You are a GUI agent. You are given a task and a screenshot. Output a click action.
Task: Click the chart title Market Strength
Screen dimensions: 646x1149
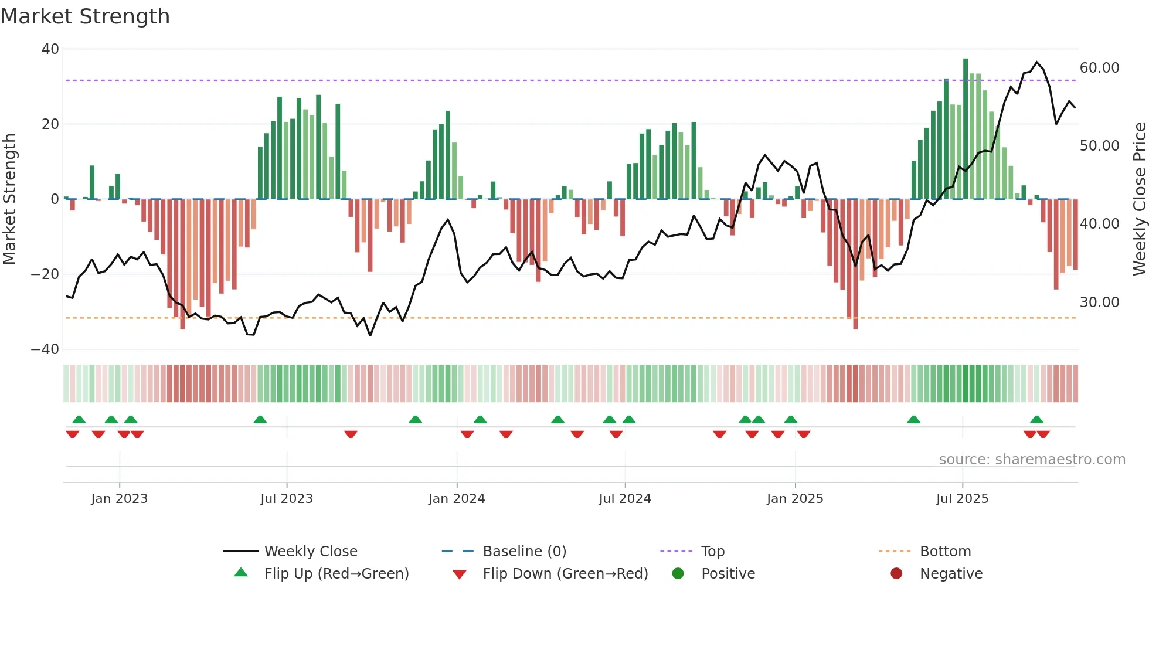coord(85,16)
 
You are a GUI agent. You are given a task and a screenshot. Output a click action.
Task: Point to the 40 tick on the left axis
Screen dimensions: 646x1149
coord(50,49)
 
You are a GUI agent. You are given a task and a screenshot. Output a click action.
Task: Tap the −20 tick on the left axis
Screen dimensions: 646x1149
coord(46,274)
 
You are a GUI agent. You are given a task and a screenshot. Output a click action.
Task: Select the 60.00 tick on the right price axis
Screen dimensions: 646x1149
coord(1099,68)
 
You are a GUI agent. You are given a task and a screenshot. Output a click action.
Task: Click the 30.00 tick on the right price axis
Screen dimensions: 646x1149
coord(1099,302)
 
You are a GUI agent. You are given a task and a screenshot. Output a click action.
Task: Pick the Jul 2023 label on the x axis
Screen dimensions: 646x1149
coord(287,499)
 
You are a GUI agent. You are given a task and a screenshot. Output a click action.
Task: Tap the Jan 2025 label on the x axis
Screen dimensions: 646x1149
coord(794,499)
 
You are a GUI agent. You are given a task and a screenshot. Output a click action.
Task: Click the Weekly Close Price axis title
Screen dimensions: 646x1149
coord(1139,199)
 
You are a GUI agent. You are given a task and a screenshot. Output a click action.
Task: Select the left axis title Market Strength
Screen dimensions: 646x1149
coord(9,199)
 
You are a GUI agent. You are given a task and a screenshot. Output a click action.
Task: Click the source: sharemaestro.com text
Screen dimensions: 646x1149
coord(1032,460)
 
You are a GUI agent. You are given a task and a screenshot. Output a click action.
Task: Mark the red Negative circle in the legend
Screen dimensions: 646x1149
coord(896,574)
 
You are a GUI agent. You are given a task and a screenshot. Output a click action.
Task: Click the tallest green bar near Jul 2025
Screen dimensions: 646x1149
coord(966,129)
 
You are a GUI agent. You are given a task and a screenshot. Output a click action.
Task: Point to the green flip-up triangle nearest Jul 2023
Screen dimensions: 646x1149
coord(260,419)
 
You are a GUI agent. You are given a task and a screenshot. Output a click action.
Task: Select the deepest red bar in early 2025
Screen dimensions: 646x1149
coord(855,264)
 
